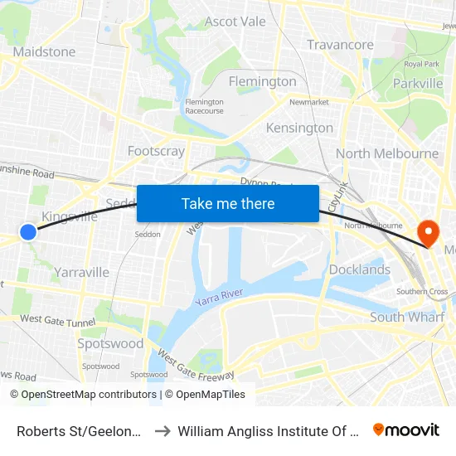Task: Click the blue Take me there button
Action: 228,203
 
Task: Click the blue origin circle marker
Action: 28,232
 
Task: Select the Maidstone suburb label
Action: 44,51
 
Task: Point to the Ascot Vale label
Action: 235,22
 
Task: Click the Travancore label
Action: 340,45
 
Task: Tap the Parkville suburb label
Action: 418,83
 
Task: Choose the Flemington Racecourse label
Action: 204,106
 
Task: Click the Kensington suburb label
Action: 299,128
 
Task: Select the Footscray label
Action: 156,151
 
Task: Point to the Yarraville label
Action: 81,272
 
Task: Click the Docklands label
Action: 359,269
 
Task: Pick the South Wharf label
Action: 406,317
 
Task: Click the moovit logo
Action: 406,429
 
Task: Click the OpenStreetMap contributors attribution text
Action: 89,395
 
